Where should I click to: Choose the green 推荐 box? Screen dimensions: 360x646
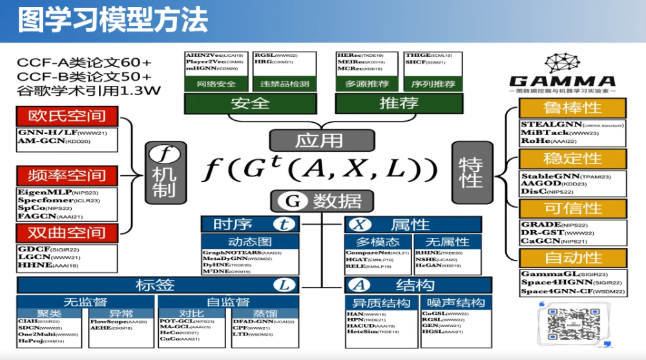399,103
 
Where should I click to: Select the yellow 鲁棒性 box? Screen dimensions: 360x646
572,107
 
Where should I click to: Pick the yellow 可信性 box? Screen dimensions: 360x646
572,208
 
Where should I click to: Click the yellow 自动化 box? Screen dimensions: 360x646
572,258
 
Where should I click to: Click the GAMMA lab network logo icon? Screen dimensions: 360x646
561,63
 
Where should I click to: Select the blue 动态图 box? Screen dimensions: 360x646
244,241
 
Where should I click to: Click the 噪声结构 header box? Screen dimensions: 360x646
452,302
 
